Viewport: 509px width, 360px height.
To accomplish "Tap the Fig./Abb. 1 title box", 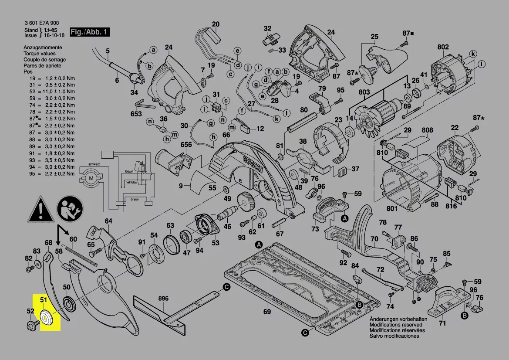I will [90, 32].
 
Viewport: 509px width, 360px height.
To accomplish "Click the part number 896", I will [163, 299].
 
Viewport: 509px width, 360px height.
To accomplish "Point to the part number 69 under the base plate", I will [267, 311].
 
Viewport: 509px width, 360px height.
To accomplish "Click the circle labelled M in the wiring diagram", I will [91, 178].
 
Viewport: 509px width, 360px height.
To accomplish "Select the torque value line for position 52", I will [49, 92].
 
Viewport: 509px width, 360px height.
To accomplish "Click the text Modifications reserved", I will [395, 325].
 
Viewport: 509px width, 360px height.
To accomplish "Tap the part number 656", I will [186, 145].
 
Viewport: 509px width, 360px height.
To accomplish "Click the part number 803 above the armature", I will [364, 92].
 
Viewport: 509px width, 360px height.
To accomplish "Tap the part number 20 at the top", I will [216, 24].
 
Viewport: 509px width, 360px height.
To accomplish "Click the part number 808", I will [427, 130].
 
